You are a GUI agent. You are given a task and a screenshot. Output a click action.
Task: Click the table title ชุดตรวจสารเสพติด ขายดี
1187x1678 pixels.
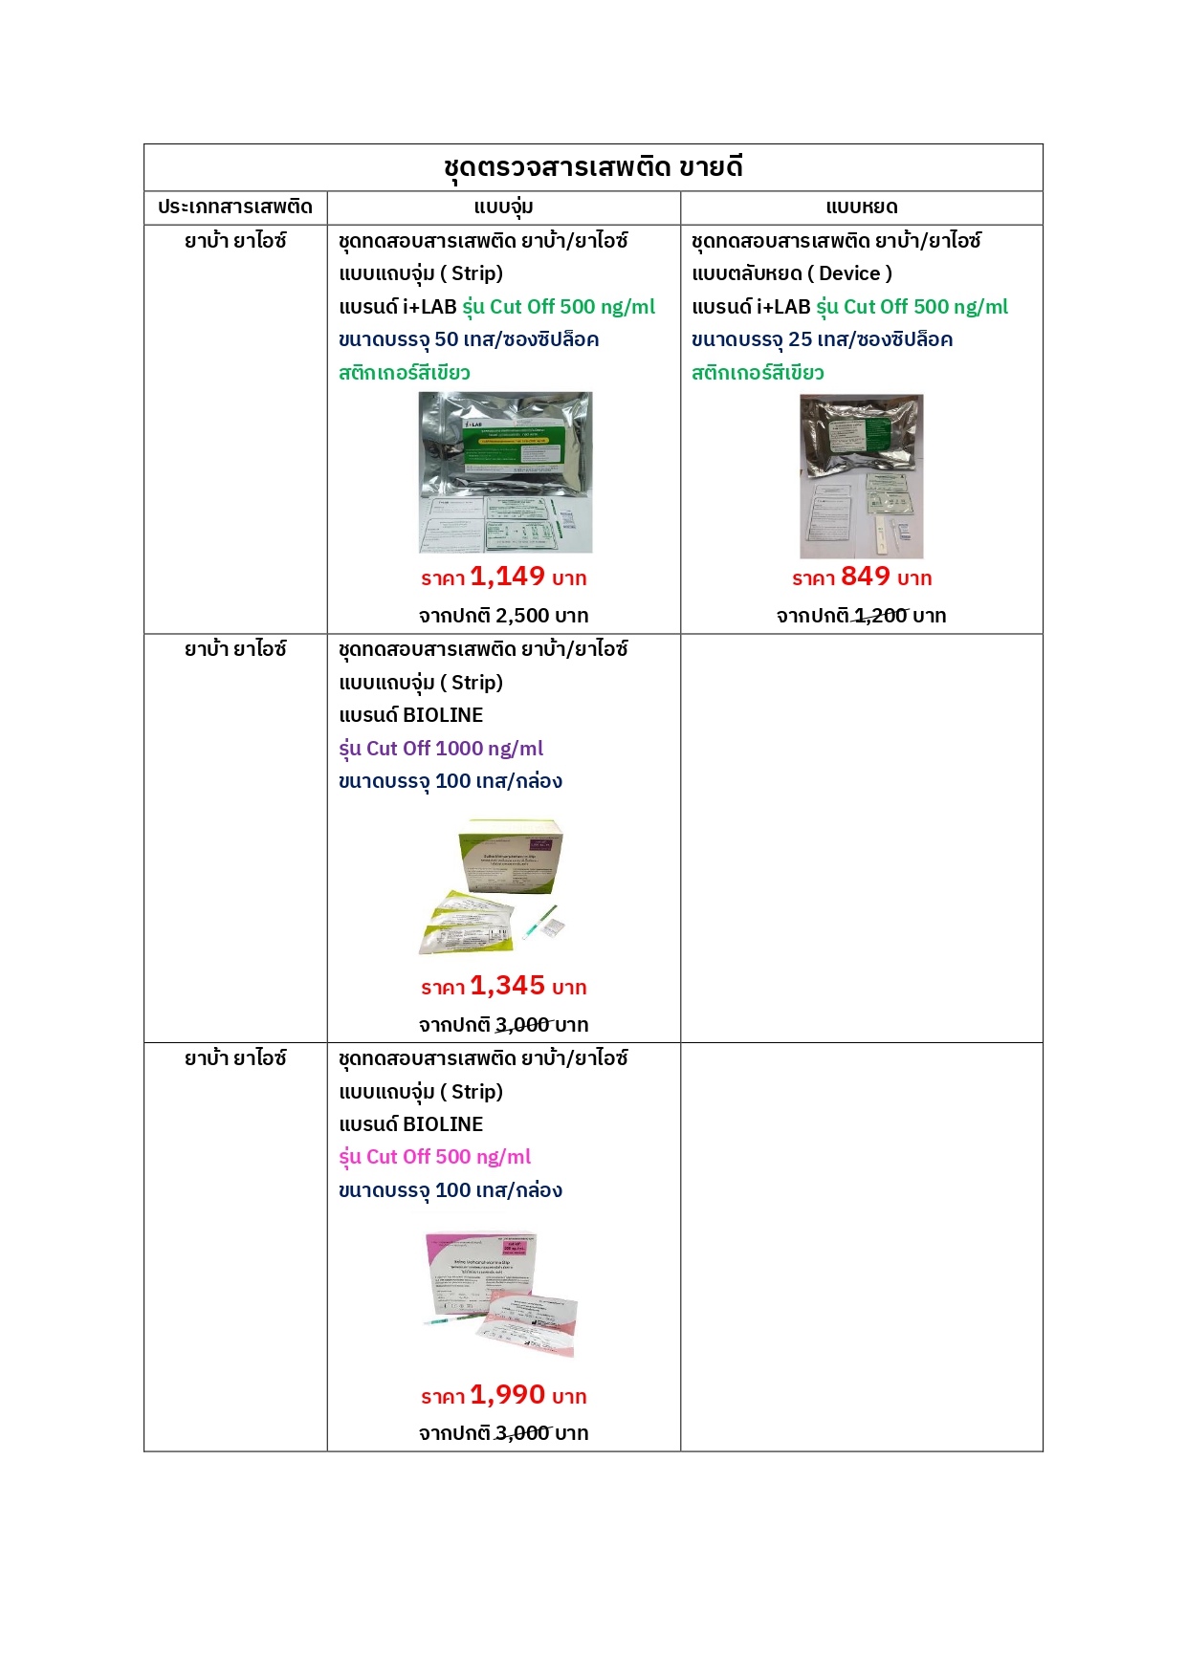(x=593, y=167)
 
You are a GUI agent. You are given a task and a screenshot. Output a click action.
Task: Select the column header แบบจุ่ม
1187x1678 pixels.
(x=503, y=207)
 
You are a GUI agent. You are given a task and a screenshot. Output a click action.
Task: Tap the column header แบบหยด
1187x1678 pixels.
(x=861, y=207)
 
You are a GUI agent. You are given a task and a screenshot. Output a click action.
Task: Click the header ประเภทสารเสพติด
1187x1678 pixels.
(x=235, y=207)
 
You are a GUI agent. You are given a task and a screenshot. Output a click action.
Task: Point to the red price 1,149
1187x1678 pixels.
(x=507, y=577)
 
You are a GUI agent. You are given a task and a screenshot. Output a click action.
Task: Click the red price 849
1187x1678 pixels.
(x=866, y=577)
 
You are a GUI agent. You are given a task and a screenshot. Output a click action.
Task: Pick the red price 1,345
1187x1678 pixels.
(x=507, y=986)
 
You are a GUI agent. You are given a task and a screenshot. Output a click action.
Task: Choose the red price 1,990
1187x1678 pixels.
(x=507, y=1395)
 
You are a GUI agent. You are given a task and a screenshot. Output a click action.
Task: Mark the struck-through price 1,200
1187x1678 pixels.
(x=881, y=616)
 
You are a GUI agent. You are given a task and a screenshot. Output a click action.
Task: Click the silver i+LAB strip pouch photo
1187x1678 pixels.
(x=505, y=472)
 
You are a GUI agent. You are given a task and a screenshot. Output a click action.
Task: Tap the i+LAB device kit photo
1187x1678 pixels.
(x=861, y=476)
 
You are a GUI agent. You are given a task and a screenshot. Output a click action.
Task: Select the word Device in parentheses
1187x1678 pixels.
(x=849, y=274)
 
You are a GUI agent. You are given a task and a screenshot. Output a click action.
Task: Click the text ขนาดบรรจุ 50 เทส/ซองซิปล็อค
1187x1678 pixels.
(x=469, y=339)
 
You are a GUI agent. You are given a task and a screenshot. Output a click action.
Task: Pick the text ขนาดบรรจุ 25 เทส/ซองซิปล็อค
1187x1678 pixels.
(x=822, y=339)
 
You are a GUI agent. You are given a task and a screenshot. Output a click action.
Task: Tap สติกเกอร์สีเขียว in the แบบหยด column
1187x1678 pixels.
(x=758, y=373)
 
